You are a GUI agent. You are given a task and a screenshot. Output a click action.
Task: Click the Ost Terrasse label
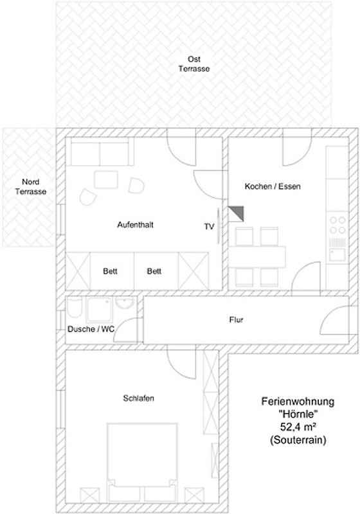194,64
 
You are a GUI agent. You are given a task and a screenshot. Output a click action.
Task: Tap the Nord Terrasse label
30,186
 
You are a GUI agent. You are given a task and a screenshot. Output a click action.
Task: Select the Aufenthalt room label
135,225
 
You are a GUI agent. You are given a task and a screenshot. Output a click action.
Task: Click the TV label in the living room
209,227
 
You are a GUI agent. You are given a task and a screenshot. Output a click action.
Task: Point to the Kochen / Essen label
273,186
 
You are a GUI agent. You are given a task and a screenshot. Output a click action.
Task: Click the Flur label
236,319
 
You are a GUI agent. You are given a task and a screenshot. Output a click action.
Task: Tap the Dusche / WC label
91,329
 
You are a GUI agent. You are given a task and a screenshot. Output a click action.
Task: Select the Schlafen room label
138,398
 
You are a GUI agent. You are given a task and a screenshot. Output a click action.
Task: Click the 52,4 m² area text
298,427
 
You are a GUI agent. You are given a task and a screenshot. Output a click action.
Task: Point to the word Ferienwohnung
298,402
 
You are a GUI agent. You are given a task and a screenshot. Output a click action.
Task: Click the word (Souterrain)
298,440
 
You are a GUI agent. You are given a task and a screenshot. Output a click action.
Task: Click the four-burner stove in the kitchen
337,224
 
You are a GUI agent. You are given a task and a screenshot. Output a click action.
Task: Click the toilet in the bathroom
75,308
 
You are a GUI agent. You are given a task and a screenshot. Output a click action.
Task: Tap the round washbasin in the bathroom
125,303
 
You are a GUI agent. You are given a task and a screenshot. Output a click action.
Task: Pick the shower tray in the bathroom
100,310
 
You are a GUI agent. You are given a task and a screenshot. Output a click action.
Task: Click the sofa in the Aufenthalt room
100,152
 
